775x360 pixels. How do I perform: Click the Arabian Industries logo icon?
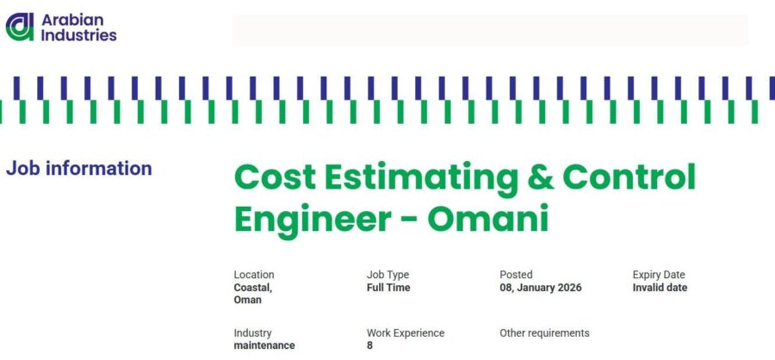click(20, 27)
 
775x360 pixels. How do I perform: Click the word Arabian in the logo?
click(72, 20)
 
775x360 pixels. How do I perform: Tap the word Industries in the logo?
click(78, 35)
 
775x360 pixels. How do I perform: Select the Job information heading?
click(78, 169)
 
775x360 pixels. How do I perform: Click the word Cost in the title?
click(275, 177)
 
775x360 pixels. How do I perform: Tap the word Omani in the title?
click(488, 219)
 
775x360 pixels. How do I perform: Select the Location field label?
click(253, 275)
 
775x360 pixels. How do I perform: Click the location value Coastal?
click(252, 288)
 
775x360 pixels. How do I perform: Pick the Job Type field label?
click(387, 275)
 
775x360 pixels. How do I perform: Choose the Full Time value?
click(388, 288)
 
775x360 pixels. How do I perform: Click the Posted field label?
click(516, 275)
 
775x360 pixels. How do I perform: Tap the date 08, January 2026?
click(540, 288)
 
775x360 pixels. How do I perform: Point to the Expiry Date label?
click(659, 275)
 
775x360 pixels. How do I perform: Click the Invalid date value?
click(660, 288)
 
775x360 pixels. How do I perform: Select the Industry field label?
click(252, 333)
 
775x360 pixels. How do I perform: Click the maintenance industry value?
click(264, 345)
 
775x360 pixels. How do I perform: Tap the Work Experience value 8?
click(369, 345)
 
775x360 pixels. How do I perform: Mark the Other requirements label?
click(544, 333)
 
